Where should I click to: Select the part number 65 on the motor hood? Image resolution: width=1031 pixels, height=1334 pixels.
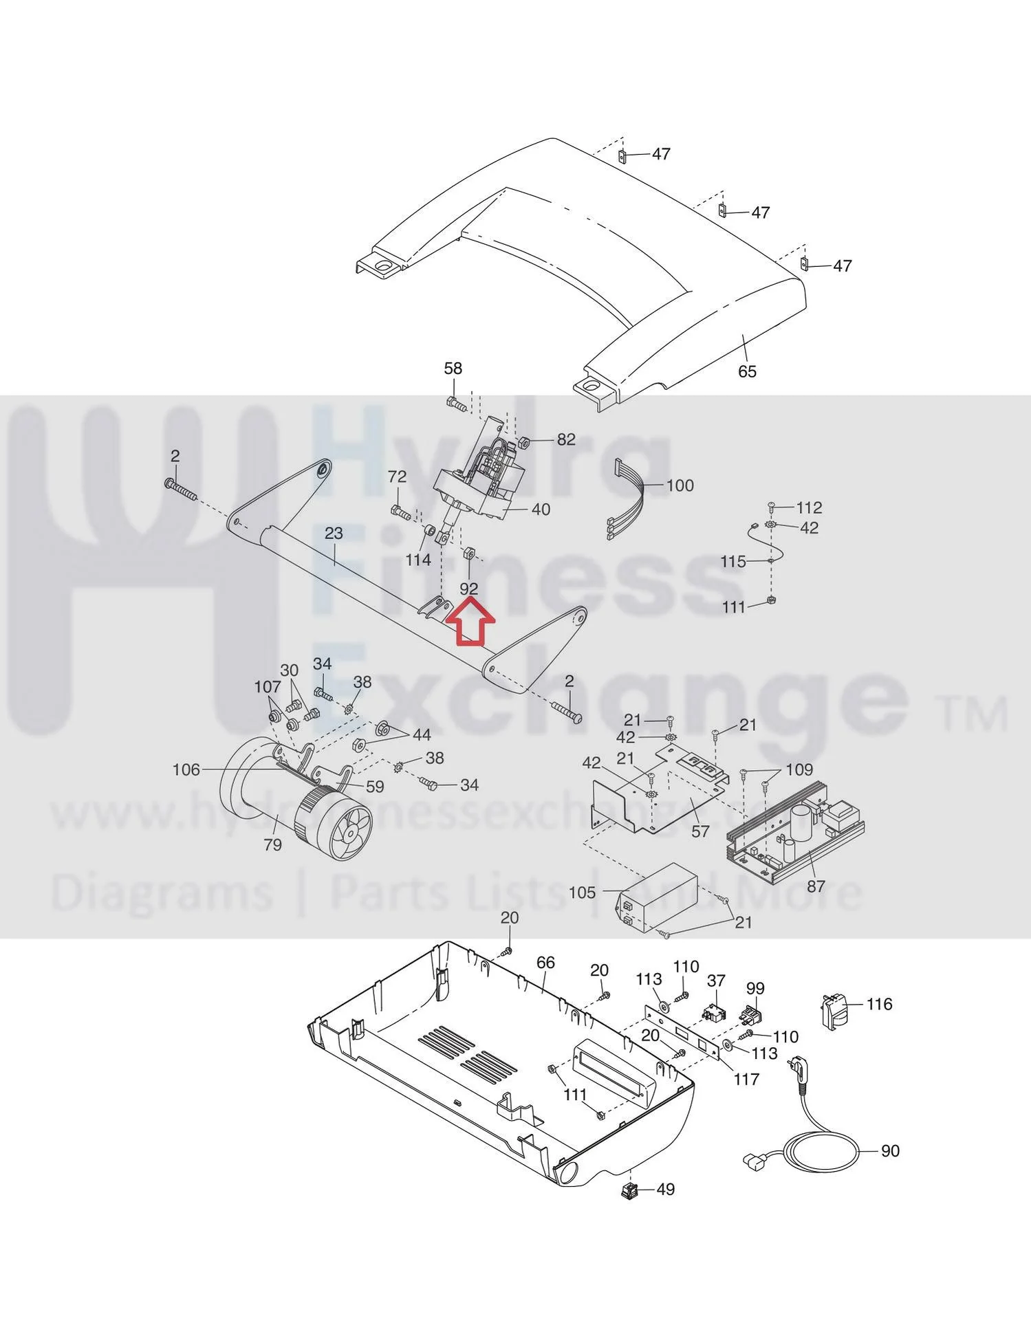[747, 371]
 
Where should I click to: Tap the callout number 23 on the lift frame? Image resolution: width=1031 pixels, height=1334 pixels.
[334, 533]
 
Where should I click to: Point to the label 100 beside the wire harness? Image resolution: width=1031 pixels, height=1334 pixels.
[680, 485]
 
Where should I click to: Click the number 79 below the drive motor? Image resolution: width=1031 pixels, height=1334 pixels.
[272, 844]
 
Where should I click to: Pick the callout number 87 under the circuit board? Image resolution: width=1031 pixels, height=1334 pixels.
[816, 886]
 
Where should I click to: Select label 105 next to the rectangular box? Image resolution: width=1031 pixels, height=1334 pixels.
[583, 893]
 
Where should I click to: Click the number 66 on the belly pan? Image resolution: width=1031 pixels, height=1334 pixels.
[545, 963]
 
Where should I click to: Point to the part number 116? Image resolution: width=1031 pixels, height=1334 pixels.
[879, 1004]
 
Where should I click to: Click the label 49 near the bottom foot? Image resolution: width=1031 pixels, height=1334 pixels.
[666, 1189]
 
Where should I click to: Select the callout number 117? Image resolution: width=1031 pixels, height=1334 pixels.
[746, 1079]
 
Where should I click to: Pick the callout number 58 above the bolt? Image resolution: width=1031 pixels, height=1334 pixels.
[453, 369]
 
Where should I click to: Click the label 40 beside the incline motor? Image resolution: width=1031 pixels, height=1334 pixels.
[541, 510]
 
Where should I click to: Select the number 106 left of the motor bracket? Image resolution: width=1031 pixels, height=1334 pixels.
[186, 769]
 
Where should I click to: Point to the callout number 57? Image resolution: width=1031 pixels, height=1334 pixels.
[700, 831]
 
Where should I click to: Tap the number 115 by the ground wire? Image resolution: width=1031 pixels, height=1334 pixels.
[733, 562]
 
